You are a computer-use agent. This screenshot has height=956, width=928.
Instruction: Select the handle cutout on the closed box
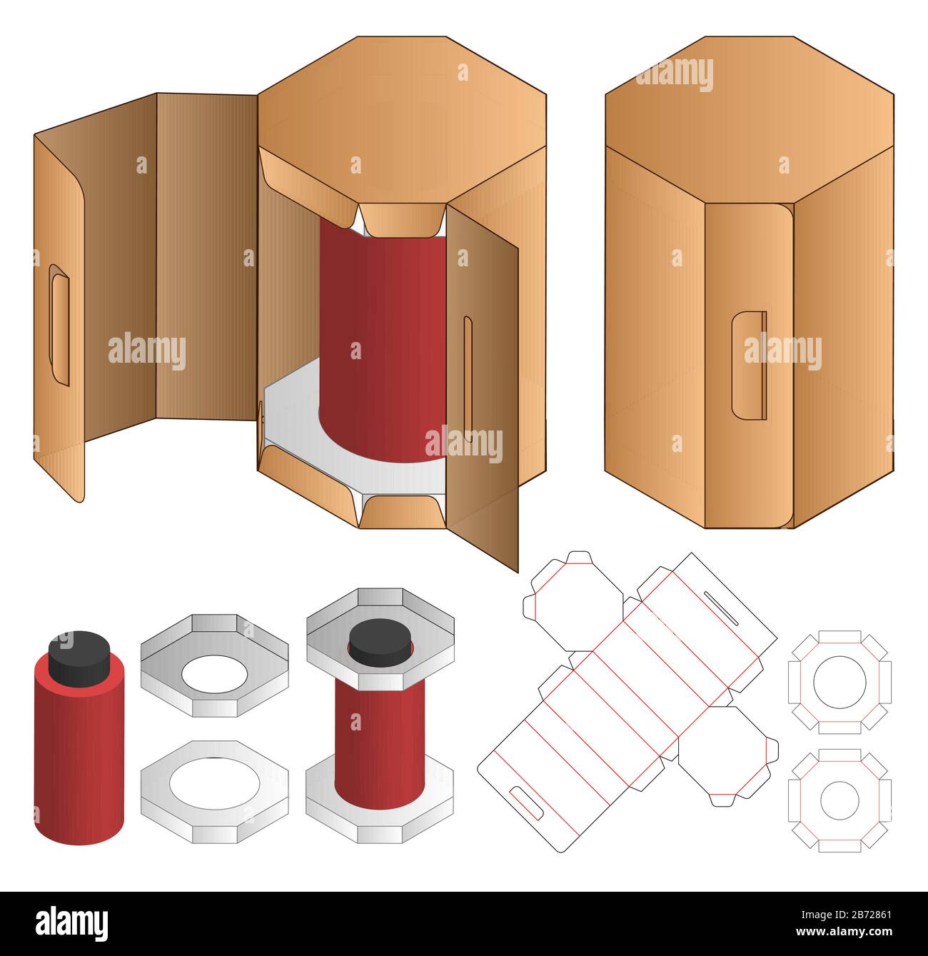tap(749, 364)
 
